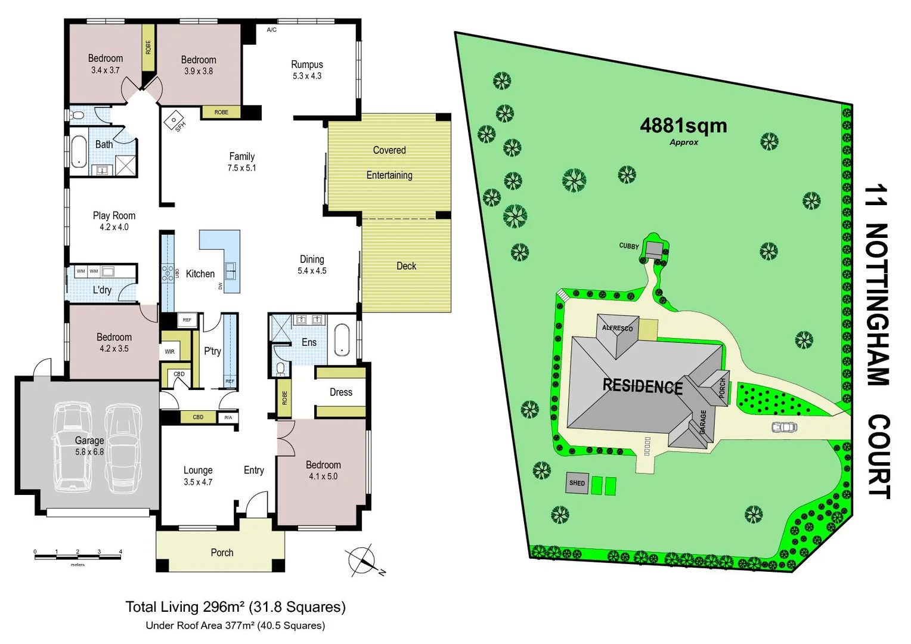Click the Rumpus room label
point(307,70)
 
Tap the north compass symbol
point(362,560)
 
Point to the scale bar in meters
point(78,557)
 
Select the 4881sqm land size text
point(683,126)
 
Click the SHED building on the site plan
point(577,483)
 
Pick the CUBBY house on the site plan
point(654,249)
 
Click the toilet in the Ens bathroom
point(281,369)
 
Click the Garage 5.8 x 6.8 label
point(89,445)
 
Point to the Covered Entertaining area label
point(389,162)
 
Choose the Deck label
point(407,266)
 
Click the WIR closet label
point(170,352)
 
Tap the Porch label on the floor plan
point(222,553)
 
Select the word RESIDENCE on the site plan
point(643,386)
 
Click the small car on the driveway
point(785,427)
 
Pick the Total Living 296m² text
point(236,607)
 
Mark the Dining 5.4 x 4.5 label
point(312,265)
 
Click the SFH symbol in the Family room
point(175,120)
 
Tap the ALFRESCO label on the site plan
point(617,328)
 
